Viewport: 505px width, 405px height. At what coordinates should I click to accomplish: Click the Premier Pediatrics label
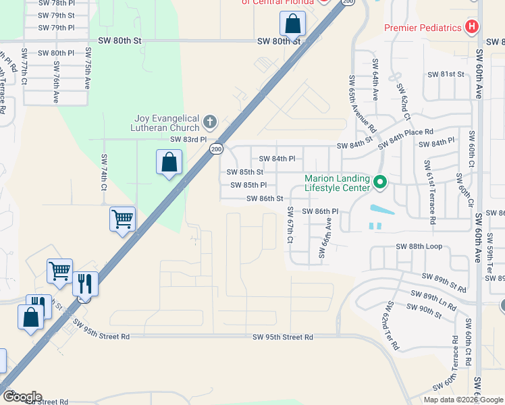tap(423, 28)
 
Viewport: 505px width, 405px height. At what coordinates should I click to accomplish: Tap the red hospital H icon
tap(472, 27)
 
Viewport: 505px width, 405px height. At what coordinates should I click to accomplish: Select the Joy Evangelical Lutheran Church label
tap(167, 123)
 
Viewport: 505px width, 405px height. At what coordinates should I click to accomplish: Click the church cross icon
tap(210, 122)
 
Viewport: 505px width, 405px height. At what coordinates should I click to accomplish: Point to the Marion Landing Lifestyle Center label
tap(337, 183)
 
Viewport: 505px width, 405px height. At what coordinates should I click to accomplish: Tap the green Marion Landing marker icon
tap(380, 182)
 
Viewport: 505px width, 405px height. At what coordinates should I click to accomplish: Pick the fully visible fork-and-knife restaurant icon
tap(85, 283)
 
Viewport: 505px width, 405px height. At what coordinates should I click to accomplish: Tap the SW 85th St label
tap(244, 172)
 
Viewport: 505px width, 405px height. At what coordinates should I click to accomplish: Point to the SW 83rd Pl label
tap(188, 139)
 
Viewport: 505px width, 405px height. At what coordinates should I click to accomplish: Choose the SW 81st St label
tap(446, 74)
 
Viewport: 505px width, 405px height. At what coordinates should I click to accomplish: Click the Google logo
tap(22, 397)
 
